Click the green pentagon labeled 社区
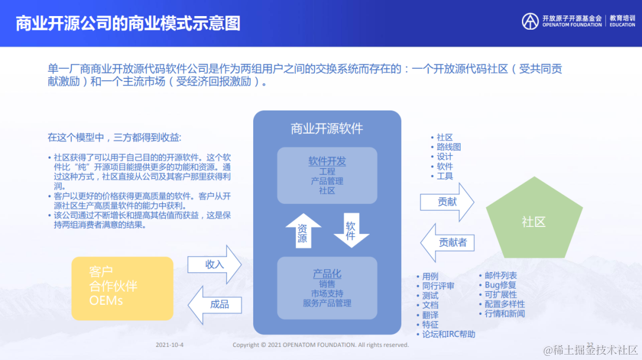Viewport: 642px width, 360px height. click(533, 222)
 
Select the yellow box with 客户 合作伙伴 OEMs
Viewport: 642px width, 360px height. click(122, 288)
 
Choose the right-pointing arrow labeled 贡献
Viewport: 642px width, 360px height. click(447, 202)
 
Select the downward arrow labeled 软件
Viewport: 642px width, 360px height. click(351, 230)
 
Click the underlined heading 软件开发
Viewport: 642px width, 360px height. click(327, 162)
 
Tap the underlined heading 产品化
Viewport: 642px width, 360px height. click(327, 273)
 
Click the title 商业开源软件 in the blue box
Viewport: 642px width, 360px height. click(327, 128)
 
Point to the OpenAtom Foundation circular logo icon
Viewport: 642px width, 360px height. click(530, 21)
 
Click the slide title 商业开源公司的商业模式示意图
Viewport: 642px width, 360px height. click(128, 23)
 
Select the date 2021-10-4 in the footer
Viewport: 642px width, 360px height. click(169, 345)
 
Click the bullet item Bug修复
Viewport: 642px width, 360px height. click(500, 285)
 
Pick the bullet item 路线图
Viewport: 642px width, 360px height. click(449, 147)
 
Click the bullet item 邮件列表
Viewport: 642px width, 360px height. click(501, 276)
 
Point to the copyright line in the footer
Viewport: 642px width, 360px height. click(320, 345)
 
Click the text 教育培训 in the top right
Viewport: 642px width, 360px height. click(622, 18)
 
